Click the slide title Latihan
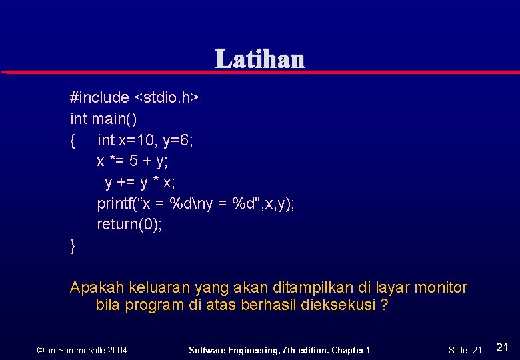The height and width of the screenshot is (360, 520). coord(259,59)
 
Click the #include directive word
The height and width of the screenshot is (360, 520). coord(99,97)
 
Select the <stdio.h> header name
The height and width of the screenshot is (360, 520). coord(167,97)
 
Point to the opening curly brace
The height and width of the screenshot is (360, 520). coord(73,140)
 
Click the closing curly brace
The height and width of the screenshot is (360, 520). coord(73,246)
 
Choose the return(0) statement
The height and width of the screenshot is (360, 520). coord(129,225)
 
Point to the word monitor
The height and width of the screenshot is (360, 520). coord(441,288)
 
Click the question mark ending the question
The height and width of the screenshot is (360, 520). coord(385,306)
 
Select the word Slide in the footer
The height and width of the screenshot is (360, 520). coord(457,350)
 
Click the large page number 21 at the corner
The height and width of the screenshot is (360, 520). coord(503,347)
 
